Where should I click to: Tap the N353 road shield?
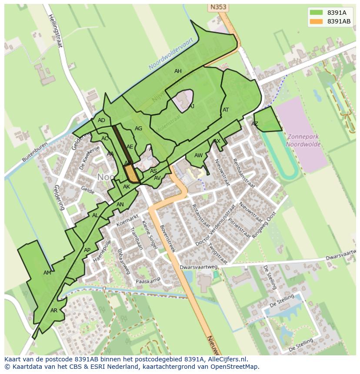[x=218, y=7]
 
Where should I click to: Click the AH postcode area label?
[x=178, y=71]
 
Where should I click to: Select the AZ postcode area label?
[x=255, y=124]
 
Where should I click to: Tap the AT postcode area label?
[x=226, y=110]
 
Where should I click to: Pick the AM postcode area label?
[x=47, y=273]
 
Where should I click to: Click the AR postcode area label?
[x=54, y=311]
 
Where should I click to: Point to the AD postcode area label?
[x=101, y=120]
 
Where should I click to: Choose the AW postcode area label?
[x=198, y=156]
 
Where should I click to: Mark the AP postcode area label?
[x=87, y=250]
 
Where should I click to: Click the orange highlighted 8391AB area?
[x=132, y=174]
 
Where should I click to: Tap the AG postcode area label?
[x=138, y=129]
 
